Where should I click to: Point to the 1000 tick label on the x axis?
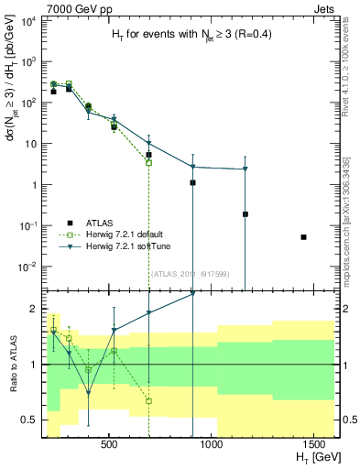212,444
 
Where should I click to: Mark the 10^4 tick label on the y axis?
27,20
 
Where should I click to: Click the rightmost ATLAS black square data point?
303,237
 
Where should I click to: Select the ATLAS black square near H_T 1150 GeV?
245,214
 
